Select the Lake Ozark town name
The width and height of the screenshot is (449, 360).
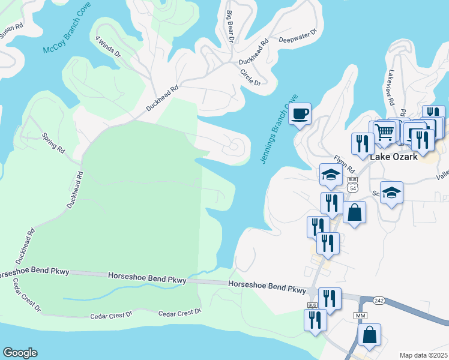click(x=393, y=157)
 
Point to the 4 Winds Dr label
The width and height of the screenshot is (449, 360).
click(x=108, y=47)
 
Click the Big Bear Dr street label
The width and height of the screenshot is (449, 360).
click(x=229, y=27)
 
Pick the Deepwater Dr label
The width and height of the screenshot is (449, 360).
click(x=298, y=37)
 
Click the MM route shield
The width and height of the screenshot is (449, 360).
click(x=360, y=315)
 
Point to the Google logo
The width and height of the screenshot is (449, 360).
click(x=20, y=353)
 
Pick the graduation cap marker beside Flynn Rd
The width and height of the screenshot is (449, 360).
click(x=331, y=175)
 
